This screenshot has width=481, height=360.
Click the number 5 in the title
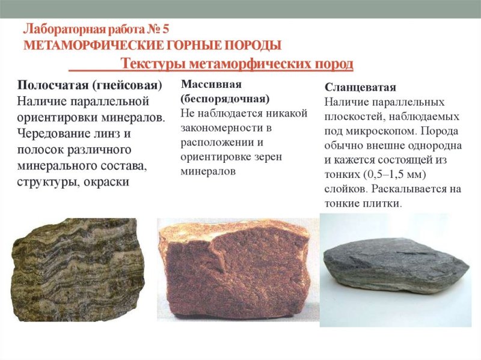[x=167, y=29]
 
